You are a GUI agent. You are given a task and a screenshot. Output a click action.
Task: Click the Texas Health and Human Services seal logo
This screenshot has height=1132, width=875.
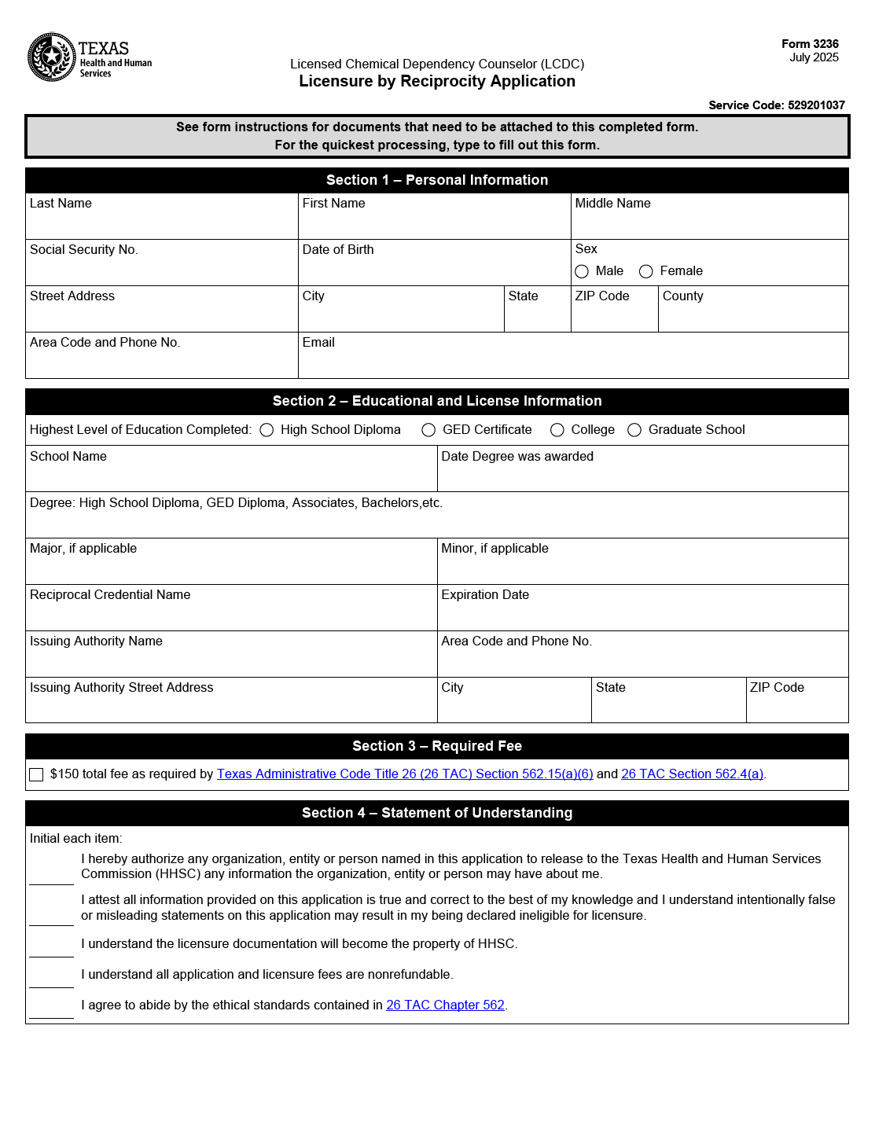pyautogui.click(x=52, y=57)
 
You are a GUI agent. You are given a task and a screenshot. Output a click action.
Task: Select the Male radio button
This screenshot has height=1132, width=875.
pyautogui.click(x=582, y=271)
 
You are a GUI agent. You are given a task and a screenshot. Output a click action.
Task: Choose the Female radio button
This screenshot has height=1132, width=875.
pyautogui.click(x=646, y=271)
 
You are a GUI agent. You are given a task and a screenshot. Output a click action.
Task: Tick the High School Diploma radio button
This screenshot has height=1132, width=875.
pyautogui.click(x=267, y=430)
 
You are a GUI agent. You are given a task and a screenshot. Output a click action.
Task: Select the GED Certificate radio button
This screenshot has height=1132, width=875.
pyautogui.click(x=428, y=430)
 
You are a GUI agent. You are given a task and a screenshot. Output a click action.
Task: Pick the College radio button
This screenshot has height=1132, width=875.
pyautogui.click(x=557, y=430)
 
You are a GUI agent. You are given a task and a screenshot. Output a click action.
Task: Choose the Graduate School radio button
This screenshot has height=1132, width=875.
pyautogui.click(x=634, y=430)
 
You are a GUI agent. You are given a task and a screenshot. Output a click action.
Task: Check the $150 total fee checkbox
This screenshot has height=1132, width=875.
pyautogui.click(x=36, y=775)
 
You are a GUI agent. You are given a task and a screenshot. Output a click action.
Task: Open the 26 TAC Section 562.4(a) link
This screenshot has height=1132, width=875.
pyautogui.click(x=692, y=774)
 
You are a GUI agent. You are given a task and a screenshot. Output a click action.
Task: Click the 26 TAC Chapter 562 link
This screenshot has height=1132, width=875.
pyautogui.click(x=445, y=1005)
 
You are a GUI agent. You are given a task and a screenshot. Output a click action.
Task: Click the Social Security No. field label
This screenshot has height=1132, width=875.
pyautogui.click(x=84, y=250)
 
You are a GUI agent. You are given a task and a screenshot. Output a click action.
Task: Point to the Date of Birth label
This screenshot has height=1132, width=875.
pyautogui.click(x=338, y=250)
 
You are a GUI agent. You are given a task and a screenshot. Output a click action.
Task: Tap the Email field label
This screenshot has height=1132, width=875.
pyautogui.click(x=318, y=343)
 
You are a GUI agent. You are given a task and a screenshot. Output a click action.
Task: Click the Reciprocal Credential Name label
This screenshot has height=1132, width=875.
pyautogui.click(x=110, y=595)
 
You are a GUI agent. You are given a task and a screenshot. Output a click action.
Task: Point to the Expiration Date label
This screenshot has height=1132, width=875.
pyautogui.click(x=485, y=595)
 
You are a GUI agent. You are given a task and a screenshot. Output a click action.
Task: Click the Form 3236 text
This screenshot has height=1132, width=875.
pyautogui.click(x=810, y=44)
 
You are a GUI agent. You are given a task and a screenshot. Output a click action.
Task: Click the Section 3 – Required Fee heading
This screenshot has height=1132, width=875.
pyautogui.click(x=437, y=746)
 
